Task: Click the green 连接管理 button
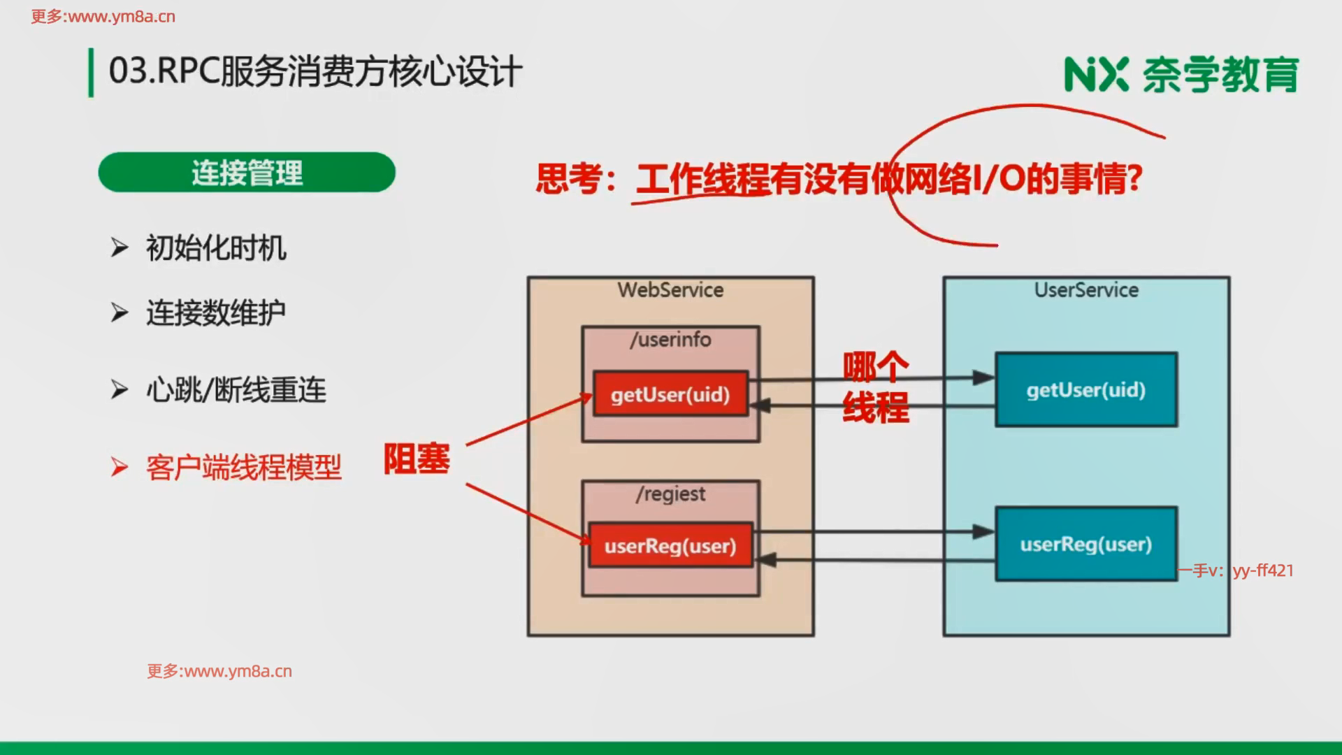[247, 173]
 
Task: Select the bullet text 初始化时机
[216, 248]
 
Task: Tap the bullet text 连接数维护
[216, 312]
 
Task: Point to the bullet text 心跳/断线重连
[236, 390]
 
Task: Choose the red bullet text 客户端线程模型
[243, 468]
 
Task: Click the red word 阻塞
[417, 459]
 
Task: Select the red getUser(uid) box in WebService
[670, 394]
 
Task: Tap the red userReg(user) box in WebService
[670, 545]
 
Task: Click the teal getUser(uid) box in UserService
[1086, 390]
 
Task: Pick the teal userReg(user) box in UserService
[1086, 544]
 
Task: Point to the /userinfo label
[670, 340]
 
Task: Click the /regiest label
[670, 494]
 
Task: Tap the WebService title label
[670, 290]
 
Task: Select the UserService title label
[1086, 290]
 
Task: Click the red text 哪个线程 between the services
[876, 387]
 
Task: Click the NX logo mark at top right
[1096, 75]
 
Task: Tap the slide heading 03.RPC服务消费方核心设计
[315, 72]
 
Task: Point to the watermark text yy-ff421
[1263, 570]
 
